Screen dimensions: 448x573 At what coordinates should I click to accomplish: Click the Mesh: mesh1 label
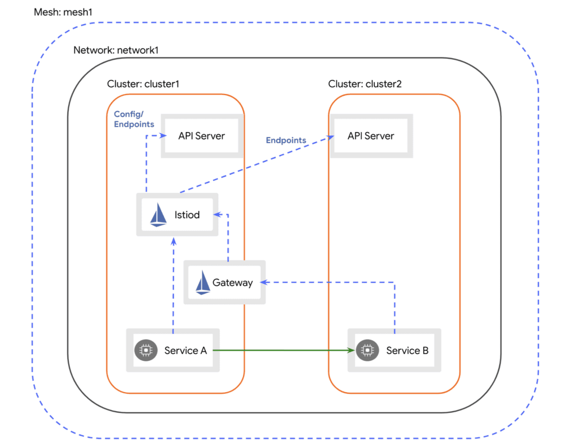click(x=64, y=12)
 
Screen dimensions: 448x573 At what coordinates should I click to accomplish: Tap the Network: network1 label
click(x=116, y=50)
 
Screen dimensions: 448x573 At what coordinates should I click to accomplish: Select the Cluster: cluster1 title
click(x=143, y=84)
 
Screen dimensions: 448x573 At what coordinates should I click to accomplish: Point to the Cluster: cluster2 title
click(x=365, y=84)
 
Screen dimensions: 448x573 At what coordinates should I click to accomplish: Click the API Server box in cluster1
click(x=201, y=136)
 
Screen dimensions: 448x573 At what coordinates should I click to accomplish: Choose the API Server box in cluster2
click(x=370, y=136)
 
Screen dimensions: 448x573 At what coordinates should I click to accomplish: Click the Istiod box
click(x=177, y=215)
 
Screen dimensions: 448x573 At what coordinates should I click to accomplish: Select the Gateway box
click(x=224, y=282)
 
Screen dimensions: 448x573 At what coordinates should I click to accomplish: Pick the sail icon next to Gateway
click(x=203, y=283)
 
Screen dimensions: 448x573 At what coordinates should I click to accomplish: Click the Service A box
click(x=173, y=351)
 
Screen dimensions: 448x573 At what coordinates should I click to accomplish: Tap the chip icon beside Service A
click(x=145, y=351)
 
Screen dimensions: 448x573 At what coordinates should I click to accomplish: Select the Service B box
click(x=394, y=351)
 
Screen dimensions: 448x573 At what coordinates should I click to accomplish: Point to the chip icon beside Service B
click(x=367, y=351)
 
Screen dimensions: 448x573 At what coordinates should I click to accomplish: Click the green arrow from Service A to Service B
click(x=283, y=351)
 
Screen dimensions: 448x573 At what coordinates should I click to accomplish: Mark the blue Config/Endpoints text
click(x=134, y=119)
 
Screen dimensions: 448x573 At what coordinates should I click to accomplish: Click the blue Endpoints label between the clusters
click(x=286, y=140)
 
